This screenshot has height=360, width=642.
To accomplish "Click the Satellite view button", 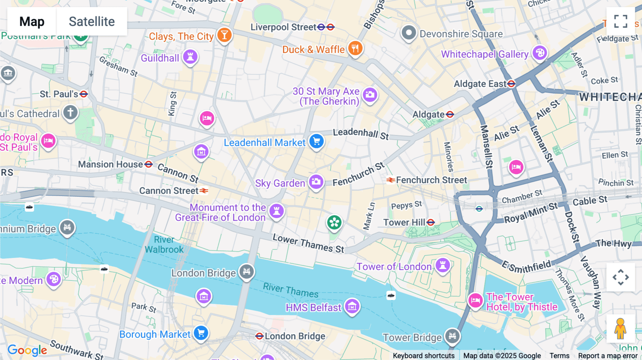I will tap(92, 21).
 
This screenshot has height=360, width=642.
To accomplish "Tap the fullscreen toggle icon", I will tap(621, 21).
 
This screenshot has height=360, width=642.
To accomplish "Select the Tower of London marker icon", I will tap(443, 265).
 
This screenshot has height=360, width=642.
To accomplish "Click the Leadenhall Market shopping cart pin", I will tap(316, 141).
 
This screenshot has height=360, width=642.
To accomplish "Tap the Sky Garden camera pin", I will tap(316, 182).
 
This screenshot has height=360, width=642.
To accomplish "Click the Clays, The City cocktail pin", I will tap(224, 35).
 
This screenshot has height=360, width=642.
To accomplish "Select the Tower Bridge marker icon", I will tap(452, 335).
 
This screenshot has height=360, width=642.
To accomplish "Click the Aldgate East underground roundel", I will tap(511, 84).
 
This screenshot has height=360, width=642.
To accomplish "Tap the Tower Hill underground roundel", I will tap(431, 222).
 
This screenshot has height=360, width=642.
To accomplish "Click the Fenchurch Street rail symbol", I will tap(391, 180).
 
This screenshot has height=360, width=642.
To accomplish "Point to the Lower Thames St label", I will tap(308, 243).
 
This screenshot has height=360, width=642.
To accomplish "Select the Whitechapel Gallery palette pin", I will tap(540, 53).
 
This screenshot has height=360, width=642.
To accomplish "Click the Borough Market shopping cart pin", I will tap(201, 333).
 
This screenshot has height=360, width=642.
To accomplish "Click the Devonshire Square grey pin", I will tap(409, 33).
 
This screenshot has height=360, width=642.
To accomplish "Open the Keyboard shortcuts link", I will tap(423, 355).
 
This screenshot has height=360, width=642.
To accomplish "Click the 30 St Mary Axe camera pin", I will tap(370, 94).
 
